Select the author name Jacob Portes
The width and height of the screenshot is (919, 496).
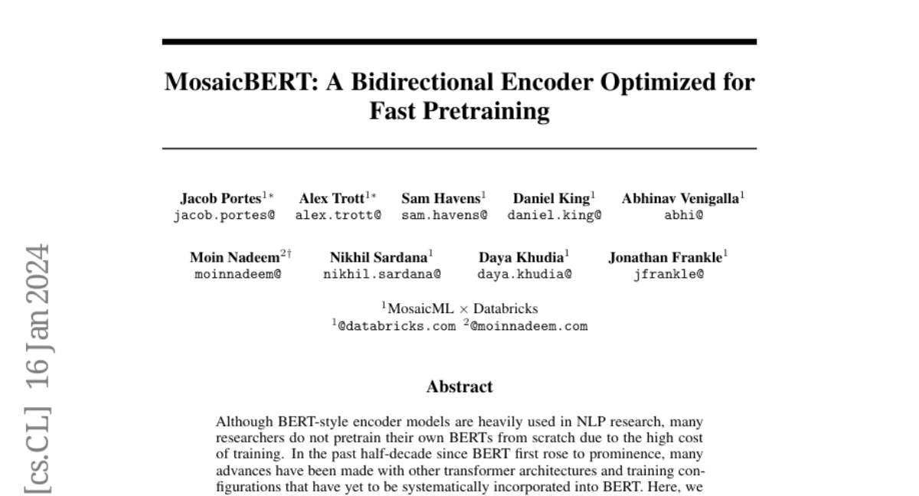[219, 198]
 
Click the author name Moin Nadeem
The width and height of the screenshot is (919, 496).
[234, 257]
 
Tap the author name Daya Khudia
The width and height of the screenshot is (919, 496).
[521, 257]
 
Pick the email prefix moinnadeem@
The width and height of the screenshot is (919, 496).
[237, 273]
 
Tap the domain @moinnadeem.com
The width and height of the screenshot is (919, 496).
[528, 326]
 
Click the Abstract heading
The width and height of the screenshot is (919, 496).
[459, 387]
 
